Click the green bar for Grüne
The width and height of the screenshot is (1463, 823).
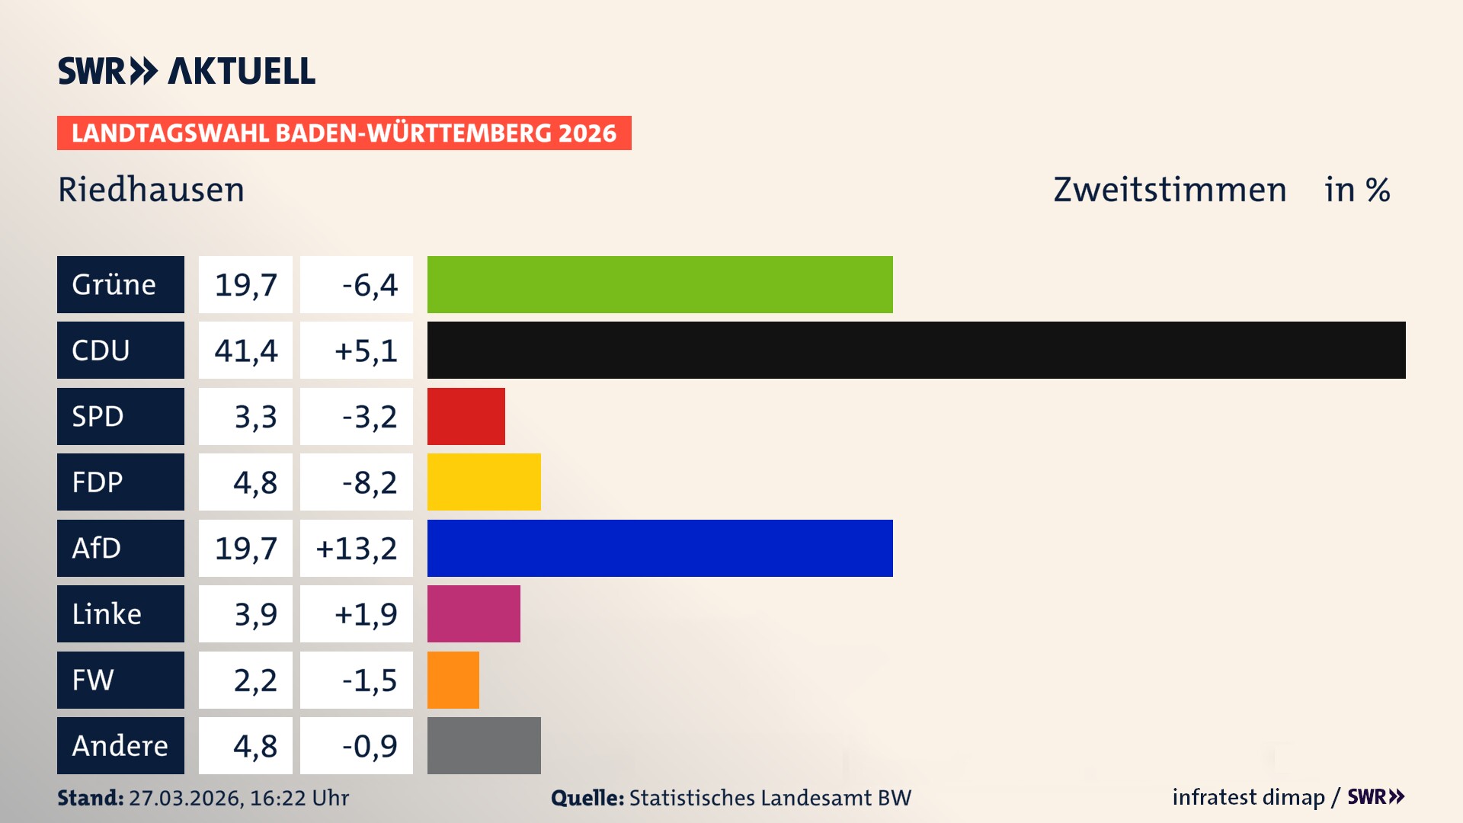click(x=660, y=284)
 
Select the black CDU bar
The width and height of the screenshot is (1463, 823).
click(x=916, y=351)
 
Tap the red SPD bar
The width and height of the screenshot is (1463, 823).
click(x=466, y=416)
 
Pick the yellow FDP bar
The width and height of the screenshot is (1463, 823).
click(x=484, y=482)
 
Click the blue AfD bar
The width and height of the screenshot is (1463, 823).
click(x=660, y=548)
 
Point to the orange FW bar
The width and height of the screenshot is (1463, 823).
click(x=453, y=680)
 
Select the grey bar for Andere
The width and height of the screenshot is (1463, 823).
click(x=484, y=745)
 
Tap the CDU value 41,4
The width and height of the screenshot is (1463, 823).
click(x=245, y=351)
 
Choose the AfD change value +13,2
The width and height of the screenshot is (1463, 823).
click(x=357, y=548)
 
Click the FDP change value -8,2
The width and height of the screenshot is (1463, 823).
click(x=370, y=482)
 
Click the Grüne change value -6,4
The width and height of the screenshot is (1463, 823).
click(x=370, y=284)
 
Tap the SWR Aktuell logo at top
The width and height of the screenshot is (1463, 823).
click(x=186, y=71)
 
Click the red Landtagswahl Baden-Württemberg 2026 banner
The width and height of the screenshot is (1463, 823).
click(x=344, y=133)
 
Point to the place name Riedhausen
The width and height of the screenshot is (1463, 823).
click(x=151, y=190)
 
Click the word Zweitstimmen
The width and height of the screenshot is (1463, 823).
click(x=1170, y=190)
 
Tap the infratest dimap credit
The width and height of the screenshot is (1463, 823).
click(x=1248, y=797)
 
